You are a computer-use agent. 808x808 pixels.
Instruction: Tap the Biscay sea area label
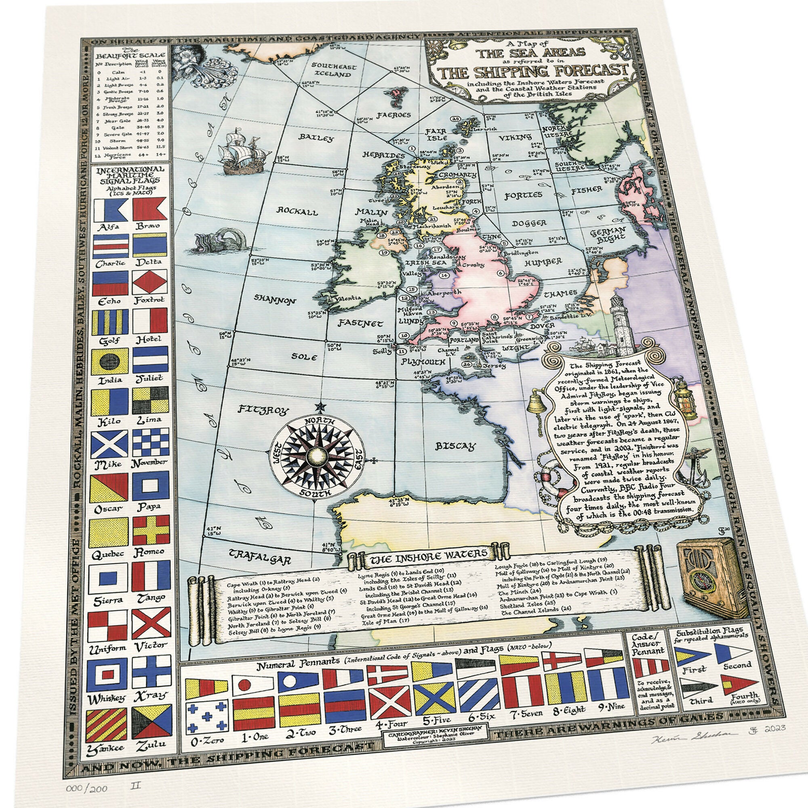tap(455, 446)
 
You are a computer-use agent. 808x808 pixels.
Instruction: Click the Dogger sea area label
tap(529, 223)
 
